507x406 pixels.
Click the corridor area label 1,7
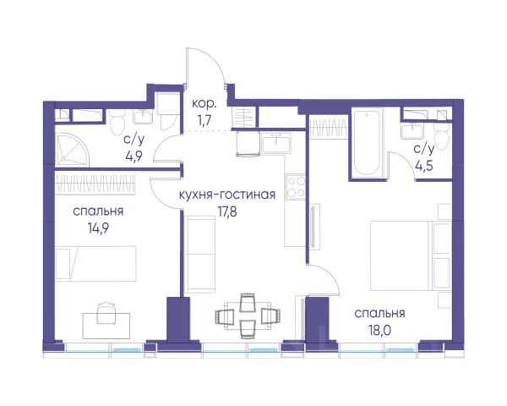[204, 120]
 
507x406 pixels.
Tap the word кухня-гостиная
[227, 195]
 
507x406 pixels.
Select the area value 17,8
[227, 212]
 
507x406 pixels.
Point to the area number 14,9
[98, 228]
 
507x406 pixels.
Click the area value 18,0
[379, 331]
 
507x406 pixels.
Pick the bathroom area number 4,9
[134, 156]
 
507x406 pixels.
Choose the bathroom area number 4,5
[424, 166]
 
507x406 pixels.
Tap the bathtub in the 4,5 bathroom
[367, 143]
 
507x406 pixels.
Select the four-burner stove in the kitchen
[296, 187]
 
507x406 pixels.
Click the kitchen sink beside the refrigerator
[277, 142]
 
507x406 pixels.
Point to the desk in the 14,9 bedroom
[106, 326]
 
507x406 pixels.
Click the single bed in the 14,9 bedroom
[95, 263]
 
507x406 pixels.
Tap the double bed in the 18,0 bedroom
[411, 255]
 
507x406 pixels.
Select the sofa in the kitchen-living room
[200, 254]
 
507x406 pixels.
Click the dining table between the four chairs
[248, 316]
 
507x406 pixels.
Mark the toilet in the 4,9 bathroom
[117, 123]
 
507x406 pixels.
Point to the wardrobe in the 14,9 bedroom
[95, 184]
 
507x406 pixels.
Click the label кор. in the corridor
[204, 104]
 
